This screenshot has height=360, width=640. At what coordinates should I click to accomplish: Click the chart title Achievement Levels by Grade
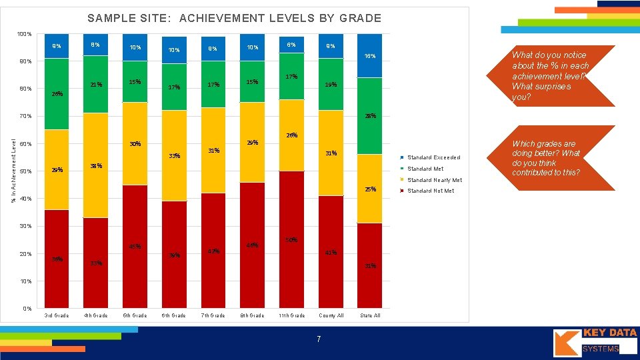point(234,19)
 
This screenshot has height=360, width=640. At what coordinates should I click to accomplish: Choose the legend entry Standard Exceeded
point(433,157)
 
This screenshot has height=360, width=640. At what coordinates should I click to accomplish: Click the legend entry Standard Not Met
point(431,191)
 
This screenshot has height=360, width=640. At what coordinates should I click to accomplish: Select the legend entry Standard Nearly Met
point(435,180)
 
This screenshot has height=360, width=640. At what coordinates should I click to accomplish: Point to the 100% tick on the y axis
point(24,34)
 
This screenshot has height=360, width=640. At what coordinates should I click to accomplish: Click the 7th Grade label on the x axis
point(213,315)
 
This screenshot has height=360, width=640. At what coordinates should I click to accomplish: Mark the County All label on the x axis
point(331,315)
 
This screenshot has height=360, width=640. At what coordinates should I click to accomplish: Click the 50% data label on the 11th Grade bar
point(291,239)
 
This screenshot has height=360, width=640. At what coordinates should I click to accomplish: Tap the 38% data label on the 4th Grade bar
point(96,165)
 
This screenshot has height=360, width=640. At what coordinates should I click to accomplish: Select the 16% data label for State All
point(370,56)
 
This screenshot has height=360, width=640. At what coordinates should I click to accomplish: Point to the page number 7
point(319,340)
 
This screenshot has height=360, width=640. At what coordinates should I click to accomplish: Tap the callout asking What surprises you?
point(556,76)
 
